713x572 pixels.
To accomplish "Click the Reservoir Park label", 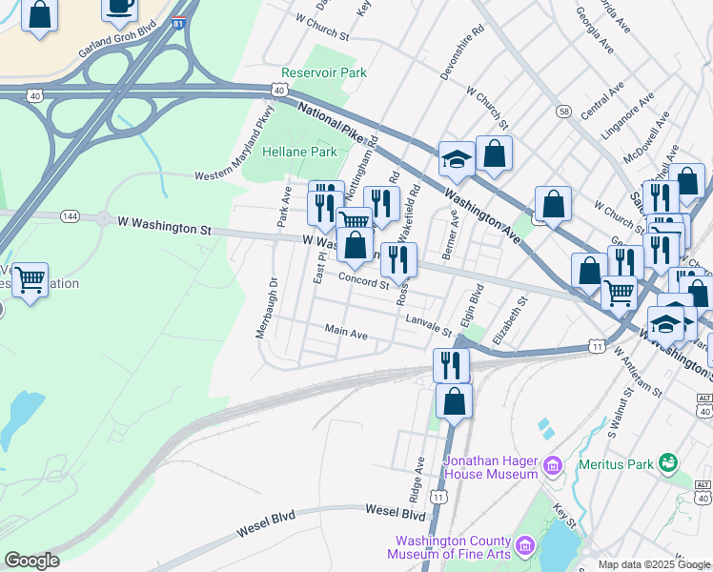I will pos(324,72).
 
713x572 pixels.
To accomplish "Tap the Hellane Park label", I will pos(299,152).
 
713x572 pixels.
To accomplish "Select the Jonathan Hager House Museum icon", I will pos(552,466).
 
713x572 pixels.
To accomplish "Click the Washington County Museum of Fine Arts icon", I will pos(523,546).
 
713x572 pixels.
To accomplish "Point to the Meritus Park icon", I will pos(668,464).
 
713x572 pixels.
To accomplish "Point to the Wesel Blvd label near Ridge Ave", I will pos(395,514).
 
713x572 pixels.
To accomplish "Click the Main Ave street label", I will pos(346,335).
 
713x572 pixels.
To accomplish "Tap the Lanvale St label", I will pos(428,325).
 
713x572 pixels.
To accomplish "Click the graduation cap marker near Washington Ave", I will pos(457,159).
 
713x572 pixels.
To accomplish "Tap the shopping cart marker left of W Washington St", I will pos(31,279).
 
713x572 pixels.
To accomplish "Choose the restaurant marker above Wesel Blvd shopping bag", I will pos(451,364).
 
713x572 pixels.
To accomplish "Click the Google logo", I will pos(31,561).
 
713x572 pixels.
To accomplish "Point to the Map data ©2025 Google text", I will pos(653,564).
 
